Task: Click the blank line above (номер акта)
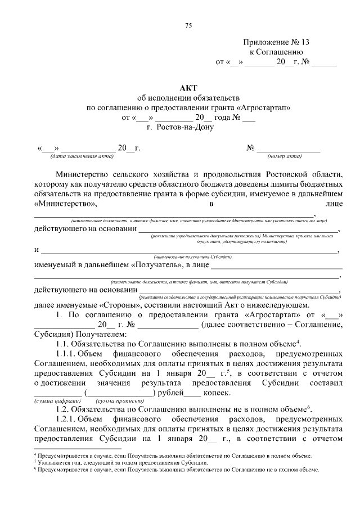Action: click(289, 149)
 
